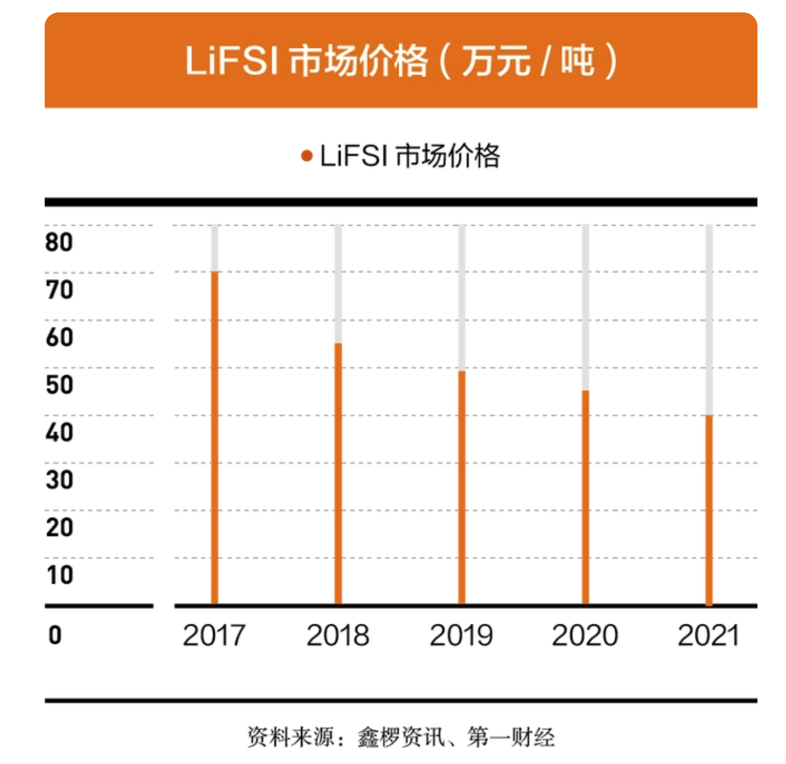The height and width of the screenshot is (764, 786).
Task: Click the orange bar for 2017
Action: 214,437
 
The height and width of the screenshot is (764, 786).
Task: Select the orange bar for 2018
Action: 338,473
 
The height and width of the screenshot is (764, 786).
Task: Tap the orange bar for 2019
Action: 461,487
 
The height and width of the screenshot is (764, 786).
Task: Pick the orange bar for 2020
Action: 585,497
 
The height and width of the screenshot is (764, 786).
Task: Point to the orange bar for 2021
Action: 708,509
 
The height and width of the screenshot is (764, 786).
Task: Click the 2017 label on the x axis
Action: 214,635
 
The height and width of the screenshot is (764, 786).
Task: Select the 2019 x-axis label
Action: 461,635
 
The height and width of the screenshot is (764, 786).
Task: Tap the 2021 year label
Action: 708,635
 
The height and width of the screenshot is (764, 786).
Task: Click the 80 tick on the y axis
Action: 60,242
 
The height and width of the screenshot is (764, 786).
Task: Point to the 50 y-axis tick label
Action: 60,384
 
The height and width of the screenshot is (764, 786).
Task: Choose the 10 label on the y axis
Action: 60,575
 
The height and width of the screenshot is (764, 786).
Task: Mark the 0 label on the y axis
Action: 55,635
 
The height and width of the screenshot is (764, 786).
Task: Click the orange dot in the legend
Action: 307,156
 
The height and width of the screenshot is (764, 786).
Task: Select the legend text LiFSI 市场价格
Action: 410,156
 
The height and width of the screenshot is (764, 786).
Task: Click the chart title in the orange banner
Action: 401,61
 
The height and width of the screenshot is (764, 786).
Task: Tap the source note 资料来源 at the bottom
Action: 401,737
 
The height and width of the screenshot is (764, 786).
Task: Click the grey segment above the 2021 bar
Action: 708,319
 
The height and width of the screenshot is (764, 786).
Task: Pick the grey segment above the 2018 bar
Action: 338,283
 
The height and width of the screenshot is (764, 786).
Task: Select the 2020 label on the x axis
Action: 585,635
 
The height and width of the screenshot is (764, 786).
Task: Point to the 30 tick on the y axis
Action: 60,480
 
